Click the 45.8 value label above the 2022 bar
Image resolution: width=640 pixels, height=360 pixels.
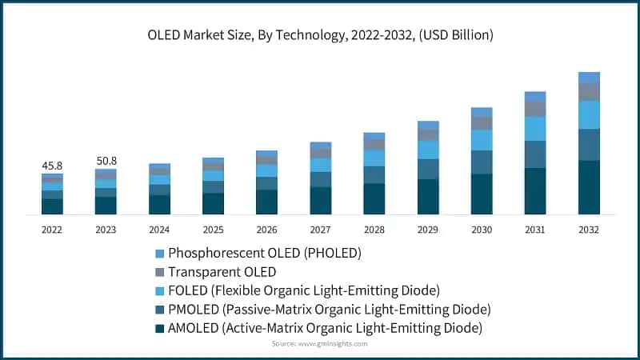click(x=52, y=166)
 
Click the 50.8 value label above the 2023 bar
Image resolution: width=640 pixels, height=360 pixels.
click(x=106, y=161)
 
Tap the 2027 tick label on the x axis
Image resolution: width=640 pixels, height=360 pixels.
click(x=320, y=230)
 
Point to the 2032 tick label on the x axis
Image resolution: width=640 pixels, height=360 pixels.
click(x=589, y=230)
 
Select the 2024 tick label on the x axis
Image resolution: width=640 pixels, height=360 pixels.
click(x=159, y=230)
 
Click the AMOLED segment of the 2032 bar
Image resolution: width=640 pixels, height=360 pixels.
click(x=589, y=187)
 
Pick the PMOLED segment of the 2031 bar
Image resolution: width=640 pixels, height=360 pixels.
click(x=535, y=154)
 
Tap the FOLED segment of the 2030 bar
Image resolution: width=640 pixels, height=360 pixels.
click(x=482, y=140)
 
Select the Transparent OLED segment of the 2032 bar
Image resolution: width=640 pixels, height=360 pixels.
click(x=589, y=91)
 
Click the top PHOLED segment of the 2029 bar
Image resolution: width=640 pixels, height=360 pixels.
click(x=428, y=126)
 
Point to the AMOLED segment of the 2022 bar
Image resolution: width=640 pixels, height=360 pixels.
click(x=52, y=206)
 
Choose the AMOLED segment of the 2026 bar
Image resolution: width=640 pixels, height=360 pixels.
click(x=266, y=202)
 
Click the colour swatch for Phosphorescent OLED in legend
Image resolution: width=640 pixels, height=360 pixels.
click(x=159, y=254)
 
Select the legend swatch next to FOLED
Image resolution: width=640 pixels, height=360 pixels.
click(x=159, y=290)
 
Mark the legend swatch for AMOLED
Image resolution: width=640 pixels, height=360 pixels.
click(x=159, y=327)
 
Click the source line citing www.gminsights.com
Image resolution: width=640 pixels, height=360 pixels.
click(x=319, y=343)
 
